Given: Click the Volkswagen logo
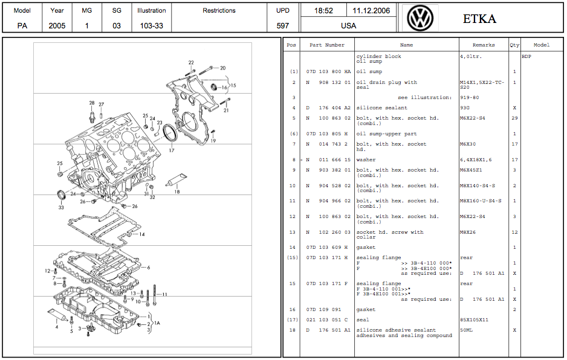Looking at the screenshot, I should click(x=420, y=18).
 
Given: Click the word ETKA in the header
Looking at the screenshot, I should click(x=479, y=19).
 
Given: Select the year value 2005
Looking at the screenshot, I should click(x=57, y=26).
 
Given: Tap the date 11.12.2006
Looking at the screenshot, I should click(x=371, y=11).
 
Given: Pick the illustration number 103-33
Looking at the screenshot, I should click(x=151, y=26).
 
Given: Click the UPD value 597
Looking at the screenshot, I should click(x=282, y=26).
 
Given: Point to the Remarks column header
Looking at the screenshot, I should click(x=484, y=45).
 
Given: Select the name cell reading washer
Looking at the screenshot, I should click(x=366, y=160).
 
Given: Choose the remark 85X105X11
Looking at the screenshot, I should click(x=475, y=320).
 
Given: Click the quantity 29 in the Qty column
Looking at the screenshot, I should click(x=514, y=118).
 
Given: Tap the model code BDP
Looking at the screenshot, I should click(x=526, y=57).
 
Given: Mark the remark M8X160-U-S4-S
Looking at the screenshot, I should click(x=481, y=201).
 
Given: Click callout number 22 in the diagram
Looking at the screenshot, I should click(x=191, y=63).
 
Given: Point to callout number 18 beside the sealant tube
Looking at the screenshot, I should click(x=177, y=191).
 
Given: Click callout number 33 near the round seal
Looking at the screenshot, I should click(x=61, y=207).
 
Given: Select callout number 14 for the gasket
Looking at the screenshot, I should click(x=141, y=234).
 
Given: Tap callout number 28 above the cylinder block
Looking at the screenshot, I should click(x=92, y=103).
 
